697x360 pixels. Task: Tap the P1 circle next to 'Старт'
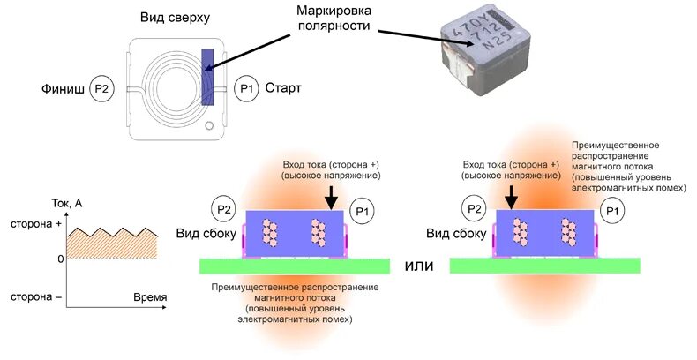(248, 89)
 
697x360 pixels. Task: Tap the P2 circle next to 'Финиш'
(103, 89)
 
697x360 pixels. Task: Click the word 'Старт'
(283, 89)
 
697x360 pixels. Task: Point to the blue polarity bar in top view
(207, 77)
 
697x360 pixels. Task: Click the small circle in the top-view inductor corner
(208, 127)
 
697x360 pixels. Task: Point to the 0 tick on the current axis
(59, 259)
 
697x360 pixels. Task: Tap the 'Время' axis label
(149, 297)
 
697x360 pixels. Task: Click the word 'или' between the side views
(418, 265)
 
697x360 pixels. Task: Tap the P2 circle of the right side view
(475, 209)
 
